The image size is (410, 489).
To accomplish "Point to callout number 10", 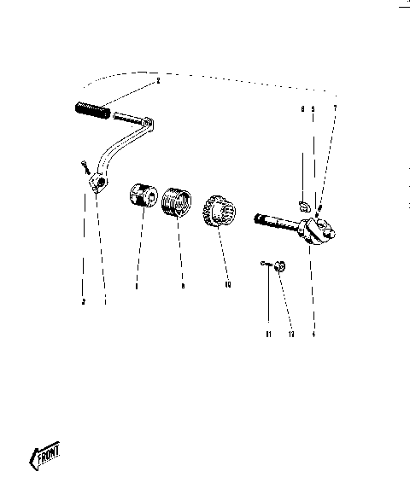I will click(226, 285).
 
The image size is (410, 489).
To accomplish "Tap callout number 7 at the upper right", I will click(335, 108).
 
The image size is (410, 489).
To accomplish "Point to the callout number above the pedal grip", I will click(157, 81).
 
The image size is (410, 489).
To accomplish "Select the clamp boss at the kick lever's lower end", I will click(102, 181).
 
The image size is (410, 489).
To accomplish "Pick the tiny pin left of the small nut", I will click(266, 265).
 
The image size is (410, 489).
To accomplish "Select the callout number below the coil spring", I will click(182, 287).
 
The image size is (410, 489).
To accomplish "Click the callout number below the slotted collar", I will click(137, 287).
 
